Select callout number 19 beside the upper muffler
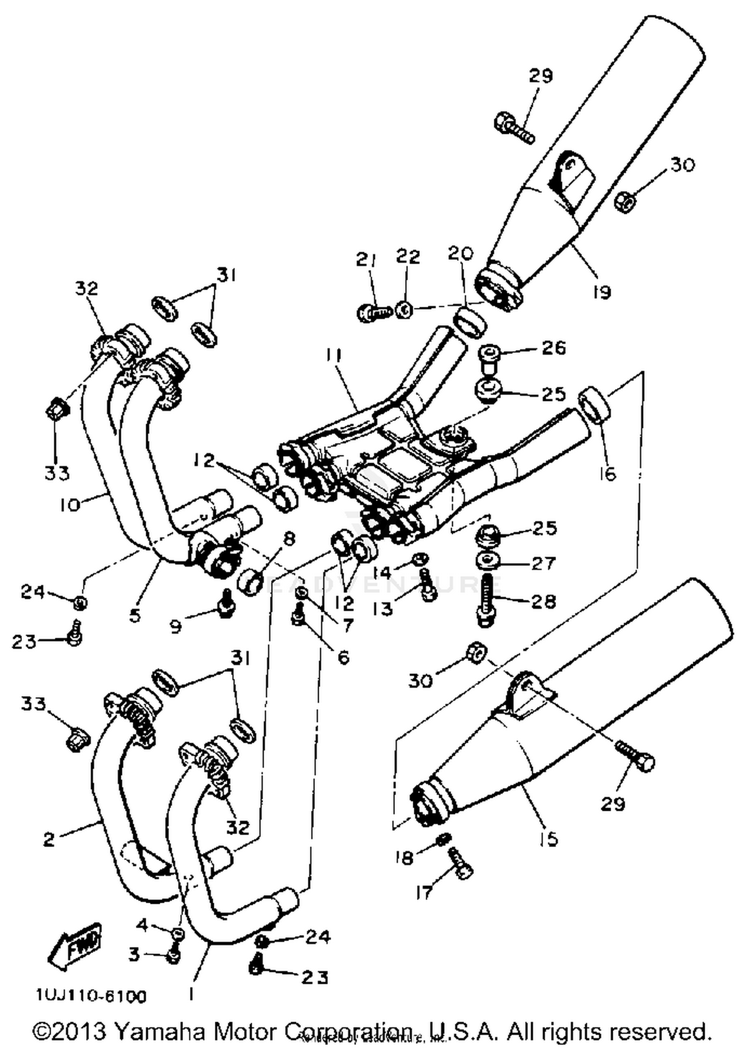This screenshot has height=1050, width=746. point(602,292)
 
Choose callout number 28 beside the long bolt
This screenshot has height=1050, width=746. point(544,601)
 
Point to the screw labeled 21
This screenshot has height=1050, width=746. point(374,312)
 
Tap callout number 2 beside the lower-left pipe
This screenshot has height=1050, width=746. point(49,839)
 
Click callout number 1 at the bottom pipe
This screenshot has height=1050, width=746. point(191,993)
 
